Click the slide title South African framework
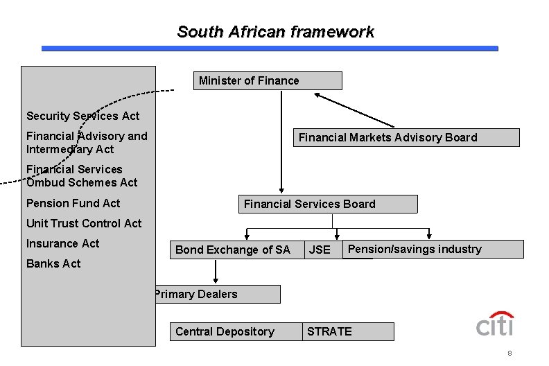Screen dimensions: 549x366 tap(275, 32)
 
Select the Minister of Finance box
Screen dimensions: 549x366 tap(267, 81)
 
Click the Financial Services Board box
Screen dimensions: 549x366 tap(329, 204)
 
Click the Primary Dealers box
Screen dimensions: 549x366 tap(216, 295)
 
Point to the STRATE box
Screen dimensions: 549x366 tap(348, 331)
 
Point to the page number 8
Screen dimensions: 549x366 tap(509, 354)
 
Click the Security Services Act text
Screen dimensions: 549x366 tap(82, 116)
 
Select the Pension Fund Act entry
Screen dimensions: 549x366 tap(73, 203)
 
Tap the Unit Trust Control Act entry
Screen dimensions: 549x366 tap(83, 223)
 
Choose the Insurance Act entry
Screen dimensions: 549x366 tap(62, 243)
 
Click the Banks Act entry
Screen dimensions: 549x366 tap(53, 263)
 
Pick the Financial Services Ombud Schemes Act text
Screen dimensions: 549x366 tap(82, 176)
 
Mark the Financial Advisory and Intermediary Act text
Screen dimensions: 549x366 tap(87, 142)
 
